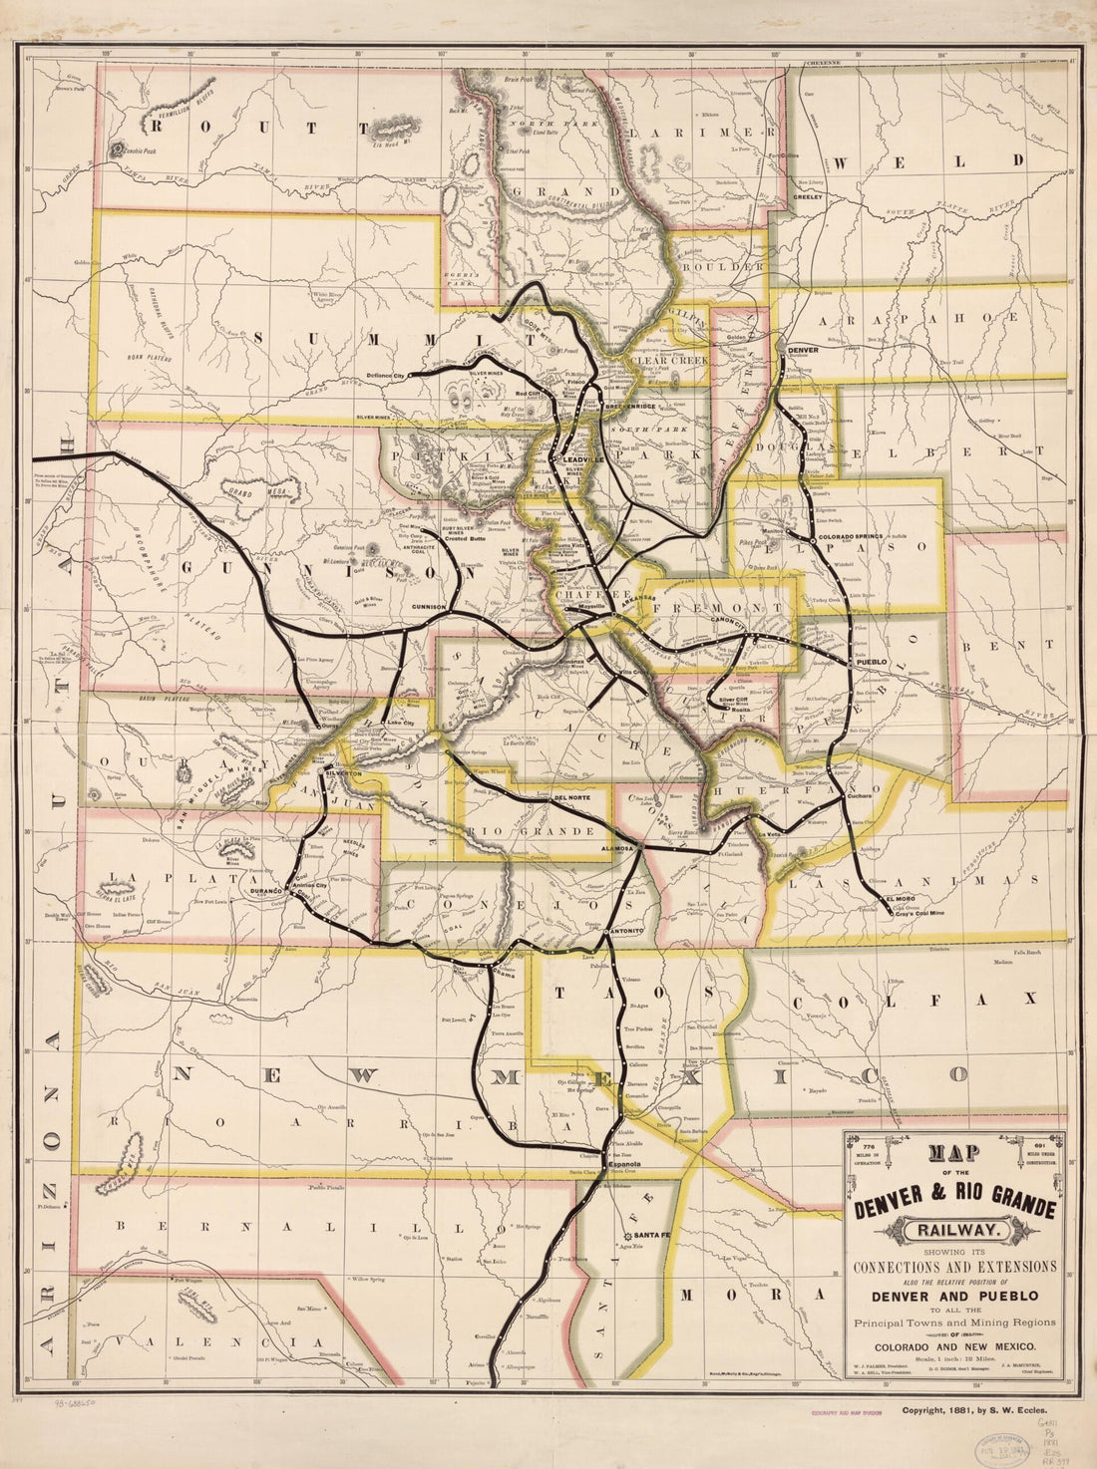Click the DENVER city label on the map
[x=803, y=351]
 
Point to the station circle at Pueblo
[x=849, y=662]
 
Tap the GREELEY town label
[x=808, y=197]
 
